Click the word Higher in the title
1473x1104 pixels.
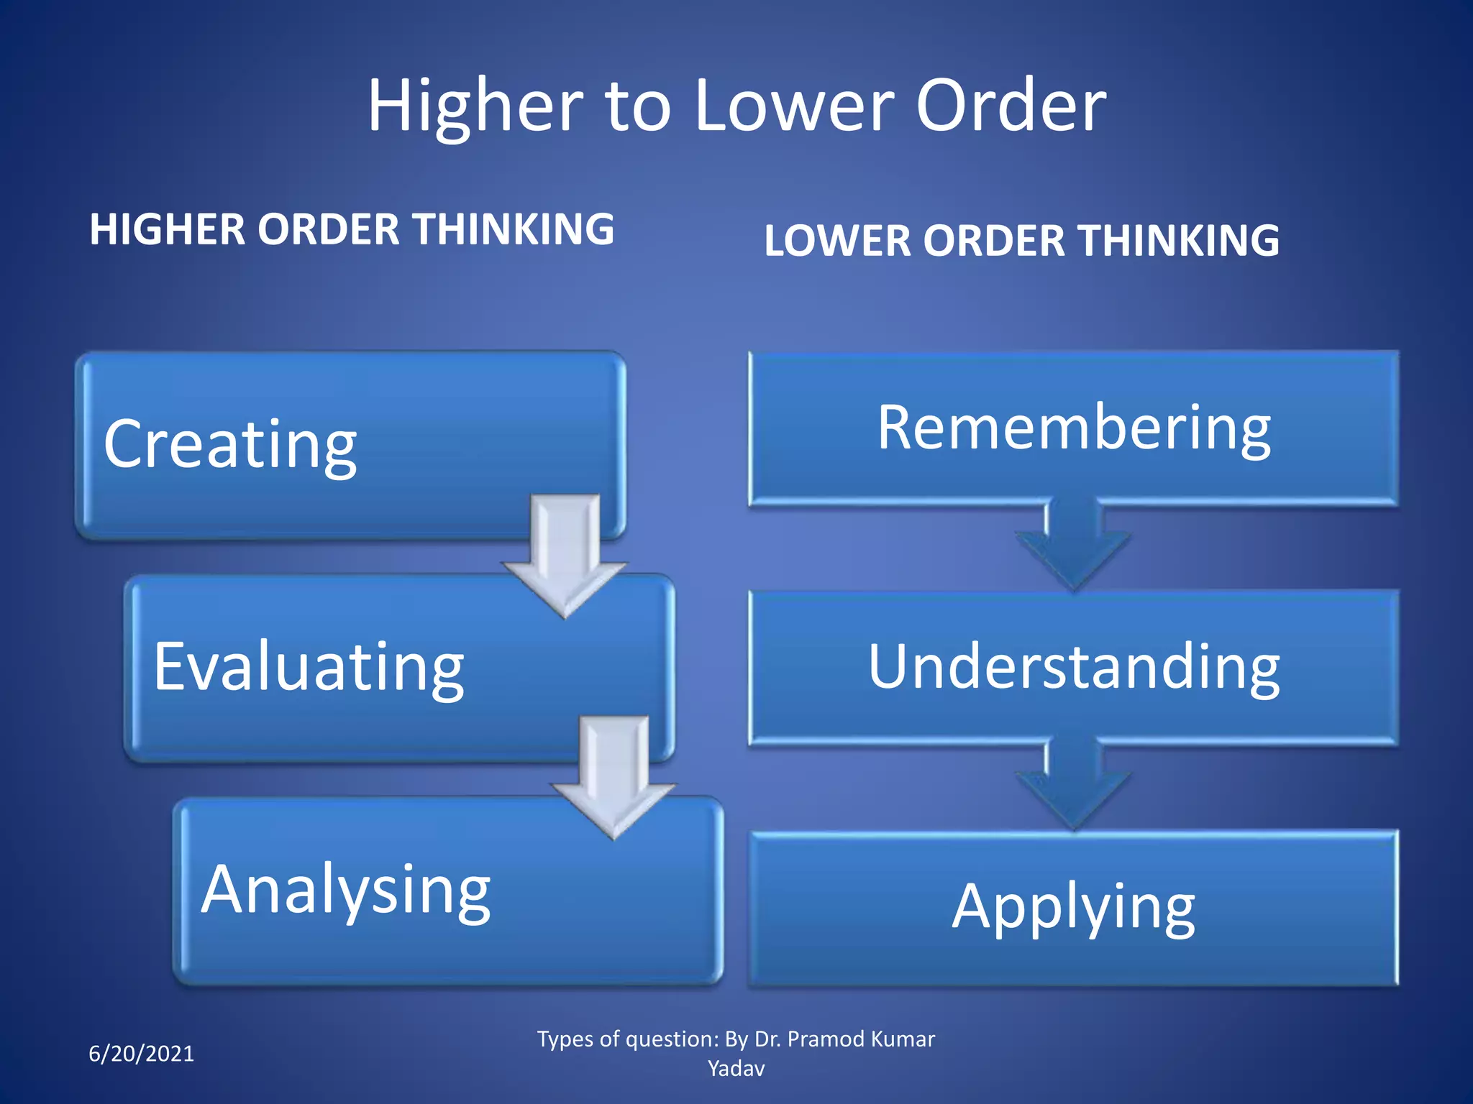pos(475,106)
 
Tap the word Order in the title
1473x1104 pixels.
pos(1011,106)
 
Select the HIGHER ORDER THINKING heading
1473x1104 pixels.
pos(351,230)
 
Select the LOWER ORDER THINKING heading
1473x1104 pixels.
pos(1021,241)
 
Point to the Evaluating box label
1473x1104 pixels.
pos(309,667)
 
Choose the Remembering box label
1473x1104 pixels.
pos(1074,428)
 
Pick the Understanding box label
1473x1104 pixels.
pos(1074,667)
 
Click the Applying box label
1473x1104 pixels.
pos(1074,907)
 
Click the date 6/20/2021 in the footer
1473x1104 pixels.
pos(141,1054)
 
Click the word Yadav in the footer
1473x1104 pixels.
pos(736,1069)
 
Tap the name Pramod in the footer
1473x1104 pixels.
pos(826,1039)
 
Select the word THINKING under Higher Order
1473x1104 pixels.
pos(514,230)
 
